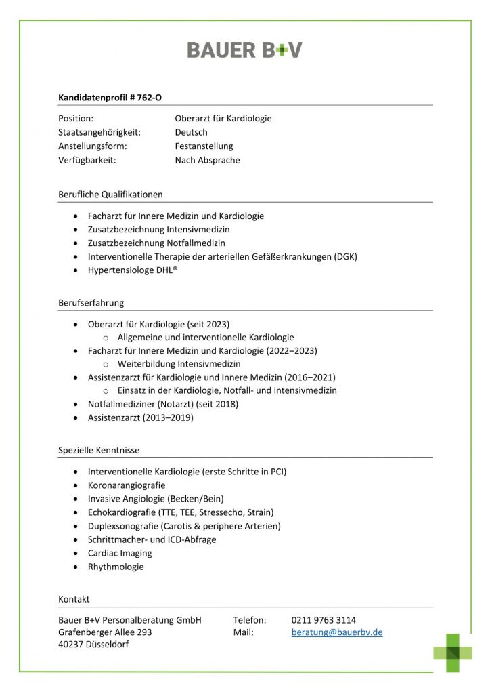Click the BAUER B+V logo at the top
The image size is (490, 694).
coord(244,49)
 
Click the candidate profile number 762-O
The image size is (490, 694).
coord(148,97)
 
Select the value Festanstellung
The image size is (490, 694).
coord(204,146)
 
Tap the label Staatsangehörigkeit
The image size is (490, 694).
coord(99,132)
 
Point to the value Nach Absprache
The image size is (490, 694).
coord(207,160)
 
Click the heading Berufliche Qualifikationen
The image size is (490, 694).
coord(110,195)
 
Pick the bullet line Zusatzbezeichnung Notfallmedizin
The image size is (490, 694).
coord(156,243)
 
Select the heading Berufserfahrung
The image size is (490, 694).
coord(91,303)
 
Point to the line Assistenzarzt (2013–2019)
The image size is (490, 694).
coord(140,417)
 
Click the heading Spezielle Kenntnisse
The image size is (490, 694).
coord(99,450)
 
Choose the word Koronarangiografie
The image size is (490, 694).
coord(127,485)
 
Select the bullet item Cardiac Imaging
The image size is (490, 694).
coord(120,553)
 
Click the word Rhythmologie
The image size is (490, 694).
coord(116,567)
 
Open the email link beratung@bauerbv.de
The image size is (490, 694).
coord(337,632)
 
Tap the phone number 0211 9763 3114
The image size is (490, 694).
coord(324,619)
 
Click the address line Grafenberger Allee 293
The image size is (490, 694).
coord(105,632)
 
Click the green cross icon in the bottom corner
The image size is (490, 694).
coord(453,652)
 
